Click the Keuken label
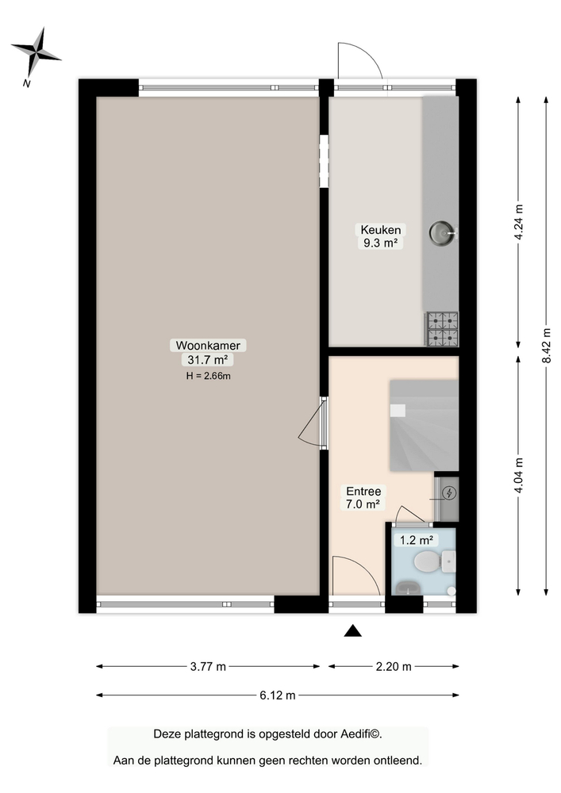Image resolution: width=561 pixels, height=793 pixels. (x=378, y=230)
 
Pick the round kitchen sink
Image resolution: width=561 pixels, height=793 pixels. (x=441, y=232)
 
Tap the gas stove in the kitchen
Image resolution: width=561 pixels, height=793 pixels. (x=443, y=328)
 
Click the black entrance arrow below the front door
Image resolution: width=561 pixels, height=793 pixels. (x=352, y=631)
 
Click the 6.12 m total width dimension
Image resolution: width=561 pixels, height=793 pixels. (x=278, y=695)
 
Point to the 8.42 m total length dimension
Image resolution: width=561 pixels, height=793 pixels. (x=546, y=345)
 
